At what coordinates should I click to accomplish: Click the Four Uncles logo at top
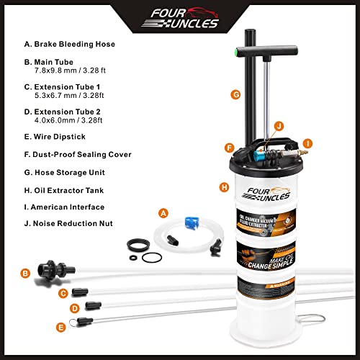[179, 15]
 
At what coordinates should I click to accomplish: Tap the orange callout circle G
[235, 94]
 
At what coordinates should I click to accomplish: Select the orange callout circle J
[278, 127]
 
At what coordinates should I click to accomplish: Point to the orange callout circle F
[228, 148]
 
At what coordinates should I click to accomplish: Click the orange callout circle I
[307, 142]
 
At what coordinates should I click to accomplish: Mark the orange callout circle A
[163, 212]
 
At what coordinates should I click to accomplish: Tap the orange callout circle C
[63, 292]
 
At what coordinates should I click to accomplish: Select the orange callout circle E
[61, 327]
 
